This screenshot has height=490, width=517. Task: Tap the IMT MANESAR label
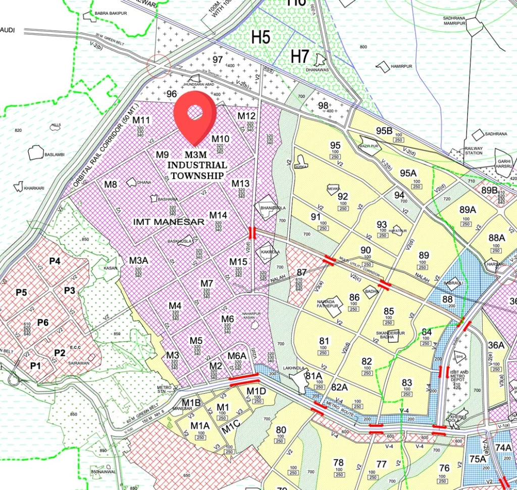[169, 222]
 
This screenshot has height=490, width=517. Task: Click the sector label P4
[55, 261]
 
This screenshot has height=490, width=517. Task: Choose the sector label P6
[42, 323]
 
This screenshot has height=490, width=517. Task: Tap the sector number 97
[218, 60]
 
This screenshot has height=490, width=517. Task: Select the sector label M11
[142, 120]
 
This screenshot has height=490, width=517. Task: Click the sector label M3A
[138, 261]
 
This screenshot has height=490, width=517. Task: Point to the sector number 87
[302, 273]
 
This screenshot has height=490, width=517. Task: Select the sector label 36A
[496, 345]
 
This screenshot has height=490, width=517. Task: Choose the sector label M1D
[256, 391]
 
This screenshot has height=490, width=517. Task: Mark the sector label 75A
[477, 460]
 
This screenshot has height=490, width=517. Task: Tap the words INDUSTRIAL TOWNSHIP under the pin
[197, 170]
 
